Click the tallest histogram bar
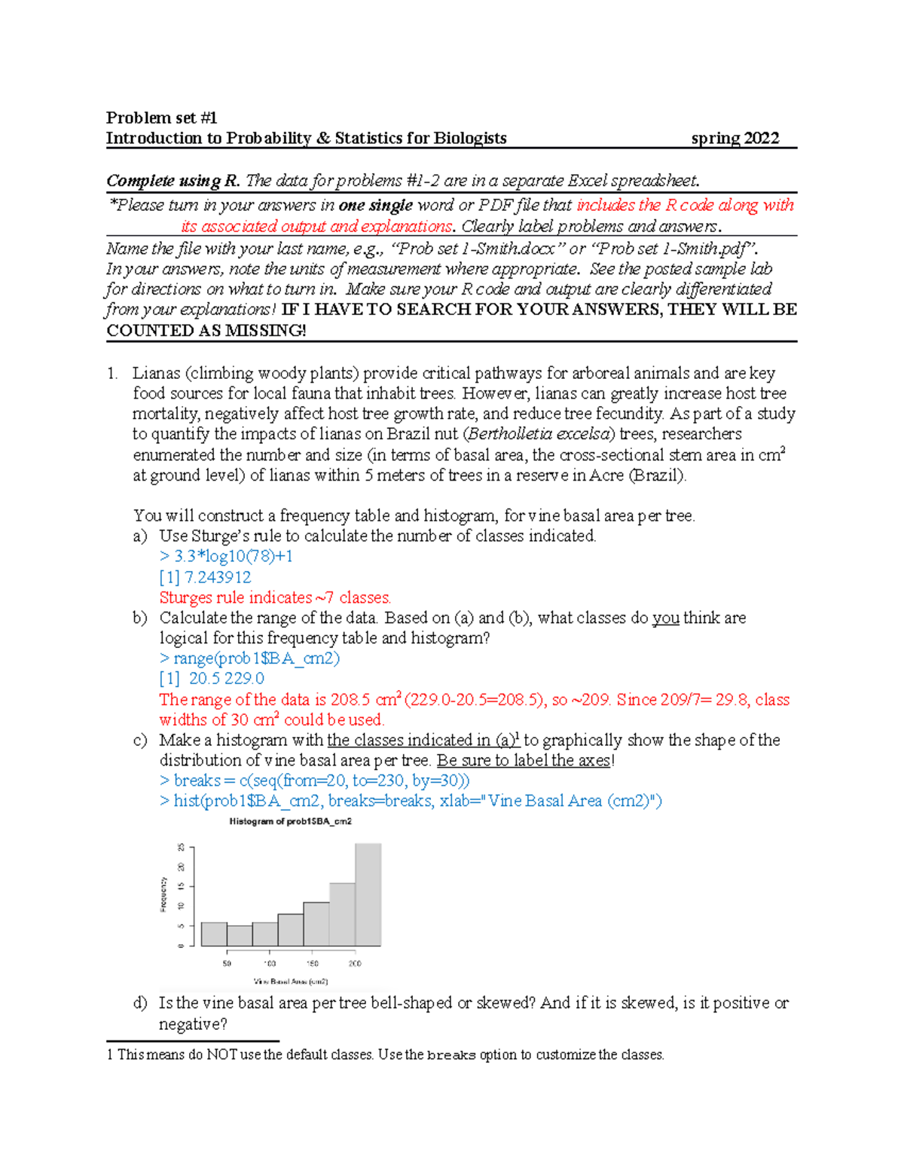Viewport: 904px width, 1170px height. click(x=368, y=895)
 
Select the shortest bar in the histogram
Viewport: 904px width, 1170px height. click(x=240, y=936)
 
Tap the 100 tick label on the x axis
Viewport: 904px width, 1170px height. click(x=269, y=964)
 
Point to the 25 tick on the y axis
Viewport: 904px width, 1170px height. click(x=181, y=848)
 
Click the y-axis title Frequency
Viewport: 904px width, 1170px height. click(x=163, y=894)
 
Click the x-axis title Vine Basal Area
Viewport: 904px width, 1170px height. click(x=291, y=982)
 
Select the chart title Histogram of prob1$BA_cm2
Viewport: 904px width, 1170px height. click(x=290, y=821)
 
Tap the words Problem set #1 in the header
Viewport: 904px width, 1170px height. click(x=161, y=118)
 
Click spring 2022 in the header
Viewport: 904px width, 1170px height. click(x=734, y=138)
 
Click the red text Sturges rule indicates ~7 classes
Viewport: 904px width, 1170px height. click(x=275, y=597)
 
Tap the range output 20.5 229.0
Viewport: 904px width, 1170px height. click(x=226, y=678)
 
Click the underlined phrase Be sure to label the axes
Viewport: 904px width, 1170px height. click(x=524, y=760)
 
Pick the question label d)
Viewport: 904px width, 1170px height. click(x=140, y=1004)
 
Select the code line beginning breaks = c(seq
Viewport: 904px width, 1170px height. click(x=314, y=781)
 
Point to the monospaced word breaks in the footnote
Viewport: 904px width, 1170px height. click(x=450, y=1055)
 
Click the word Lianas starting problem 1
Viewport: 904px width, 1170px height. click(x=156, y=373)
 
